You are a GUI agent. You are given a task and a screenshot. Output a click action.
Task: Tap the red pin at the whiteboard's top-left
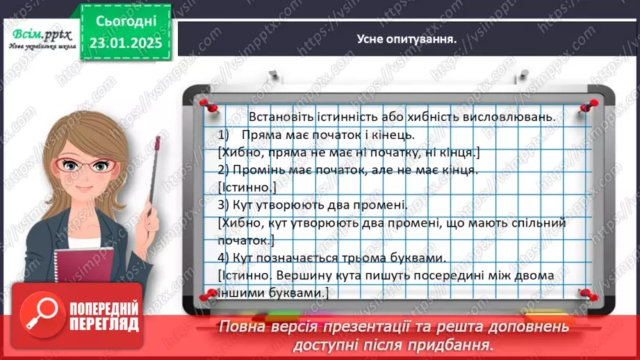(x=206, y=104)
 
